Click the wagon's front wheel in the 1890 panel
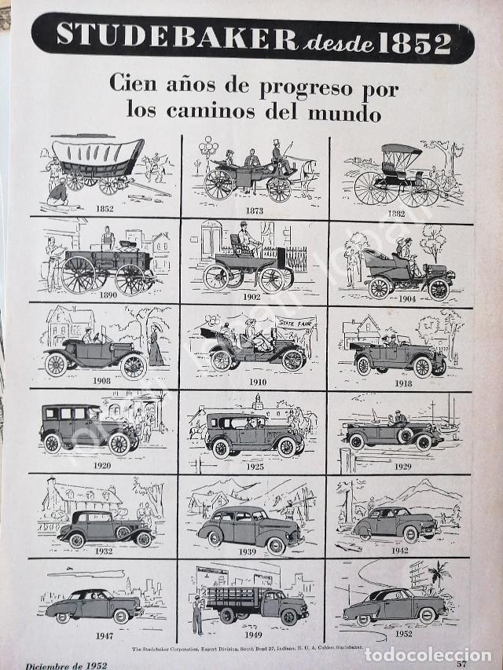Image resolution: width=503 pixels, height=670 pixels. [79, 274]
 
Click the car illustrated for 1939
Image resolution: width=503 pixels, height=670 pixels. [250, 529]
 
